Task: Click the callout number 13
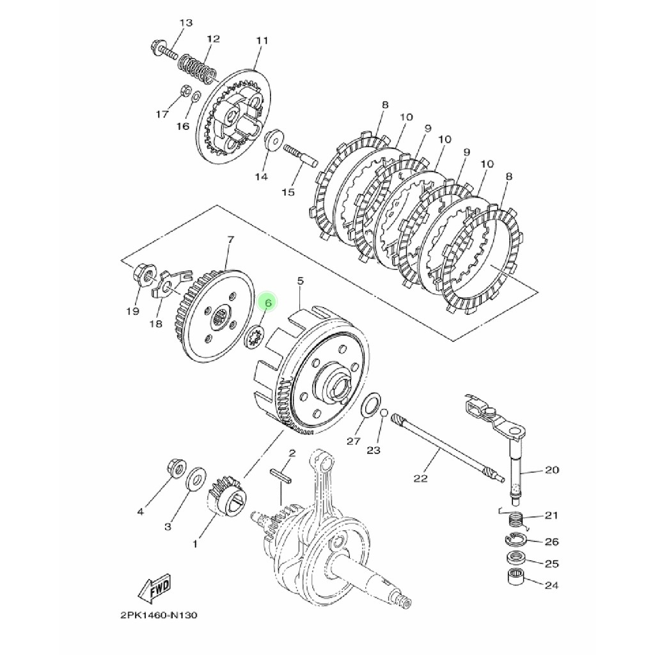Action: (185, 24)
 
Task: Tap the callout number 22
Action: (421, 478)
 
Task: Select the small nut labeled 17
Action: (182, 90)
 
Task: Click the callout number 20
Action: (551, 470)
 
